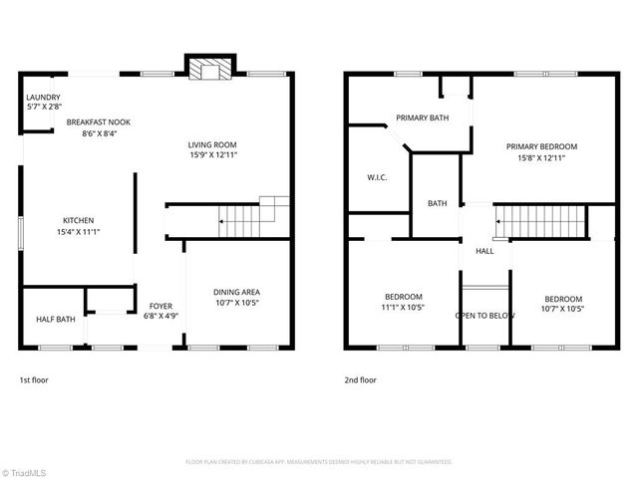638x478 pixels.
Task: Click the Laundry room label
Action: click(44, 97)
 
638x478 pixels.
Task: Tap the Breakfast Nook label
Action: click(99, 121)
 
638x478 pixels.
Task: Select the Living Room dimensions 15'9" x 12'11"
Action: click(212, 155)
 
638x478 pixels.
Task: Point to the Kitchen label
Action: click(79, 220)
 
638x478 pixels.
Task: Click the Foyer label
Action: click(160, 305)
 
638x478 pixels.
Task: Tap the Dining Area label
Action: click(237, 292)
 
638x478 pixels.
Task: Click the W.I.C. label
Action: click(377, 178)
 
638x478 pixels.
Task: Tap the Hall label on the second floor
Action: click(484, 251)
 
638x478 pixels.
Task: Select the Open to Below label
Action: click(484, 315)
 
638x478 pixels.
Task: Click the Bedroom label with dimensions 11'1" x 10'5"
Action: click(404, 297)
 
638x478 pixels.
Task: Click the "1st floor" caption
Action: click(34, 380)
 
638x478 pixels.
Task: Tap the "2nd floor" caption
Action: click(360, 380)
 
